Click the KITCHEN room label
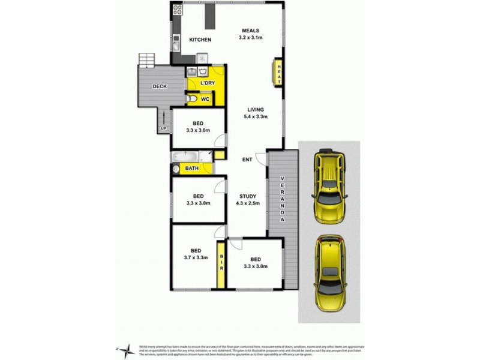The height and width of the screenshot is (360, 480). pos(200,40)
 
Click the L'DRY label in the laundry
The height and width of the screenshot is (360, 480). pos(208,83)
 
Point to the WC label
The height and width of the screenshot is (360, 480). pos(205,99)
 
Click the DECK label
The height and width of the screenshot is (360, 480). pos(159,86)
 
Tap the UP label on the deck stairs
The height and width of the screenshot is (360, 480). pos(163,128)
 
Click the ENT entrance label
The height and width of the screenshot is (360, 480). pos(247,160)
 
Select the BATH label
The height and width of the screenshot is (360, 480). pos(191,169)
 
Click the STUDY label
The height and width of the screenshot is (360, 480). pos(248,196)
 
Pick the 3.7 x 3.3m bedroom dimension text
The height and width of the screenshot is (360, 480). pos(196,258)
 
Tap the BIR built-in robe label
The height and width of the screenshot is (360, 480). pos(221,262)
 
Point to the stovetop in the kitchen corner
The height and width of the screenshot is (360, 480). pos(178,10)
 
